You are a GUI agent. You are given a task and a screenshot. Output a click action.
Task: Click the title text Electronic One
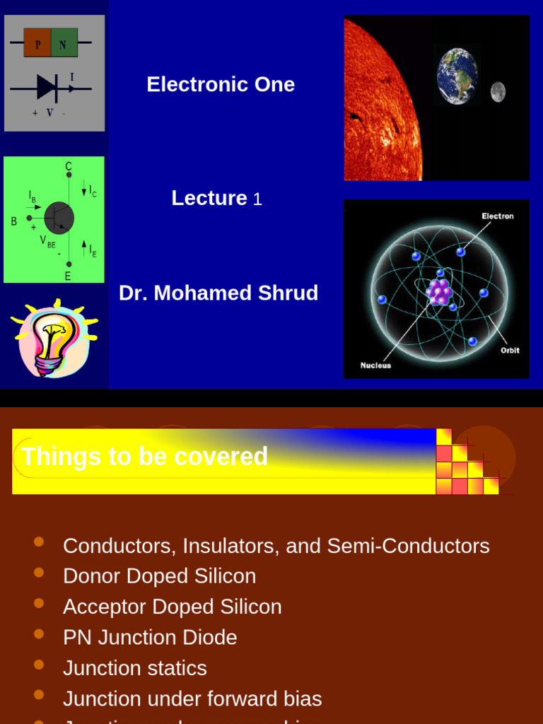221,85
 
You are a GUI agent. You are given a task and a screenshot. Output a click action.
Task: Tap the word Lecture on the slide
209,198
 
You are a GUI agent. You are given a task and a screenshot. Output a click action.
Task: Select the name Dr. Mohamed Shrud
218,293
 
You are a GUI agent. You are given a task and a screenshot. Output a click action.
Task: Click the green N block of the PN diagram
64,43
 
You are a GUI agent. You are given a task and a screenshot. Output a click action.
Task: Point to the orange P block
37,43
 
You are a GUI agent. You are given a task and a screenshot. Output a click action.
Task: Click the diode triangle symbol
47,88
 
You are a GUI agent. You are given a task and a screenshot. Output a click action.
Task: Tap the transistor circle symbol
59,218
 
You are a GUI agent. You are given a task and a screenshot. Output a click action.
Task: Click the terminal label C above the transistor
69,166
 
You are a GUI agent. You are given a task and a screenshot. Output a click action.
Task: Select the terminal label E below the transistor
68,276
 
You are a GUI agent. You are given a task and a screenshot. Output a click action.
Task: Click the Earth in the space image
457,76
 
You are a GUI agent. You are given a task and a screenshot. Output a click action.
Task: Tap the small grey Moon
498,92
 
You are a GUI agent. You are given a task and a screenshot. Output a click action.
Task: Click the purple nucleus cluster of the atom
439,291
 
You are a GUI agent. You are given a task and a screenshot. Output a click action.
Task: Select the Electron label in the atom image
498,216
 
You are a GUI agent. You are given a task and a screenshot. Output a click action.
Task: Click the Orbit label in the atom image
510,350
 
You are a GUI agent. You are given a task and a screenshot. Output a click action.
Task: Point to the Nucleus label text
375,366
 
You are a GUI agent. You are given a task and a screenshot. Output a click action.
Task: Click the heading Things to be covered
145,457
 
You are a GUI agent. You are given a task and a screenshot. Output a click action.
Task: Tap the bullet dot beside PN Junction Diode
39,633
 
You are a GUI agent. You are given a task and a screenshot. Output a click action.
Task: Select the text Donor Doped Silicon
159,576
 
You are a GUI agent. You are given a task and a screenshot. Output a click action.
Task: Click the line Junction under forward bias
192,699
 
